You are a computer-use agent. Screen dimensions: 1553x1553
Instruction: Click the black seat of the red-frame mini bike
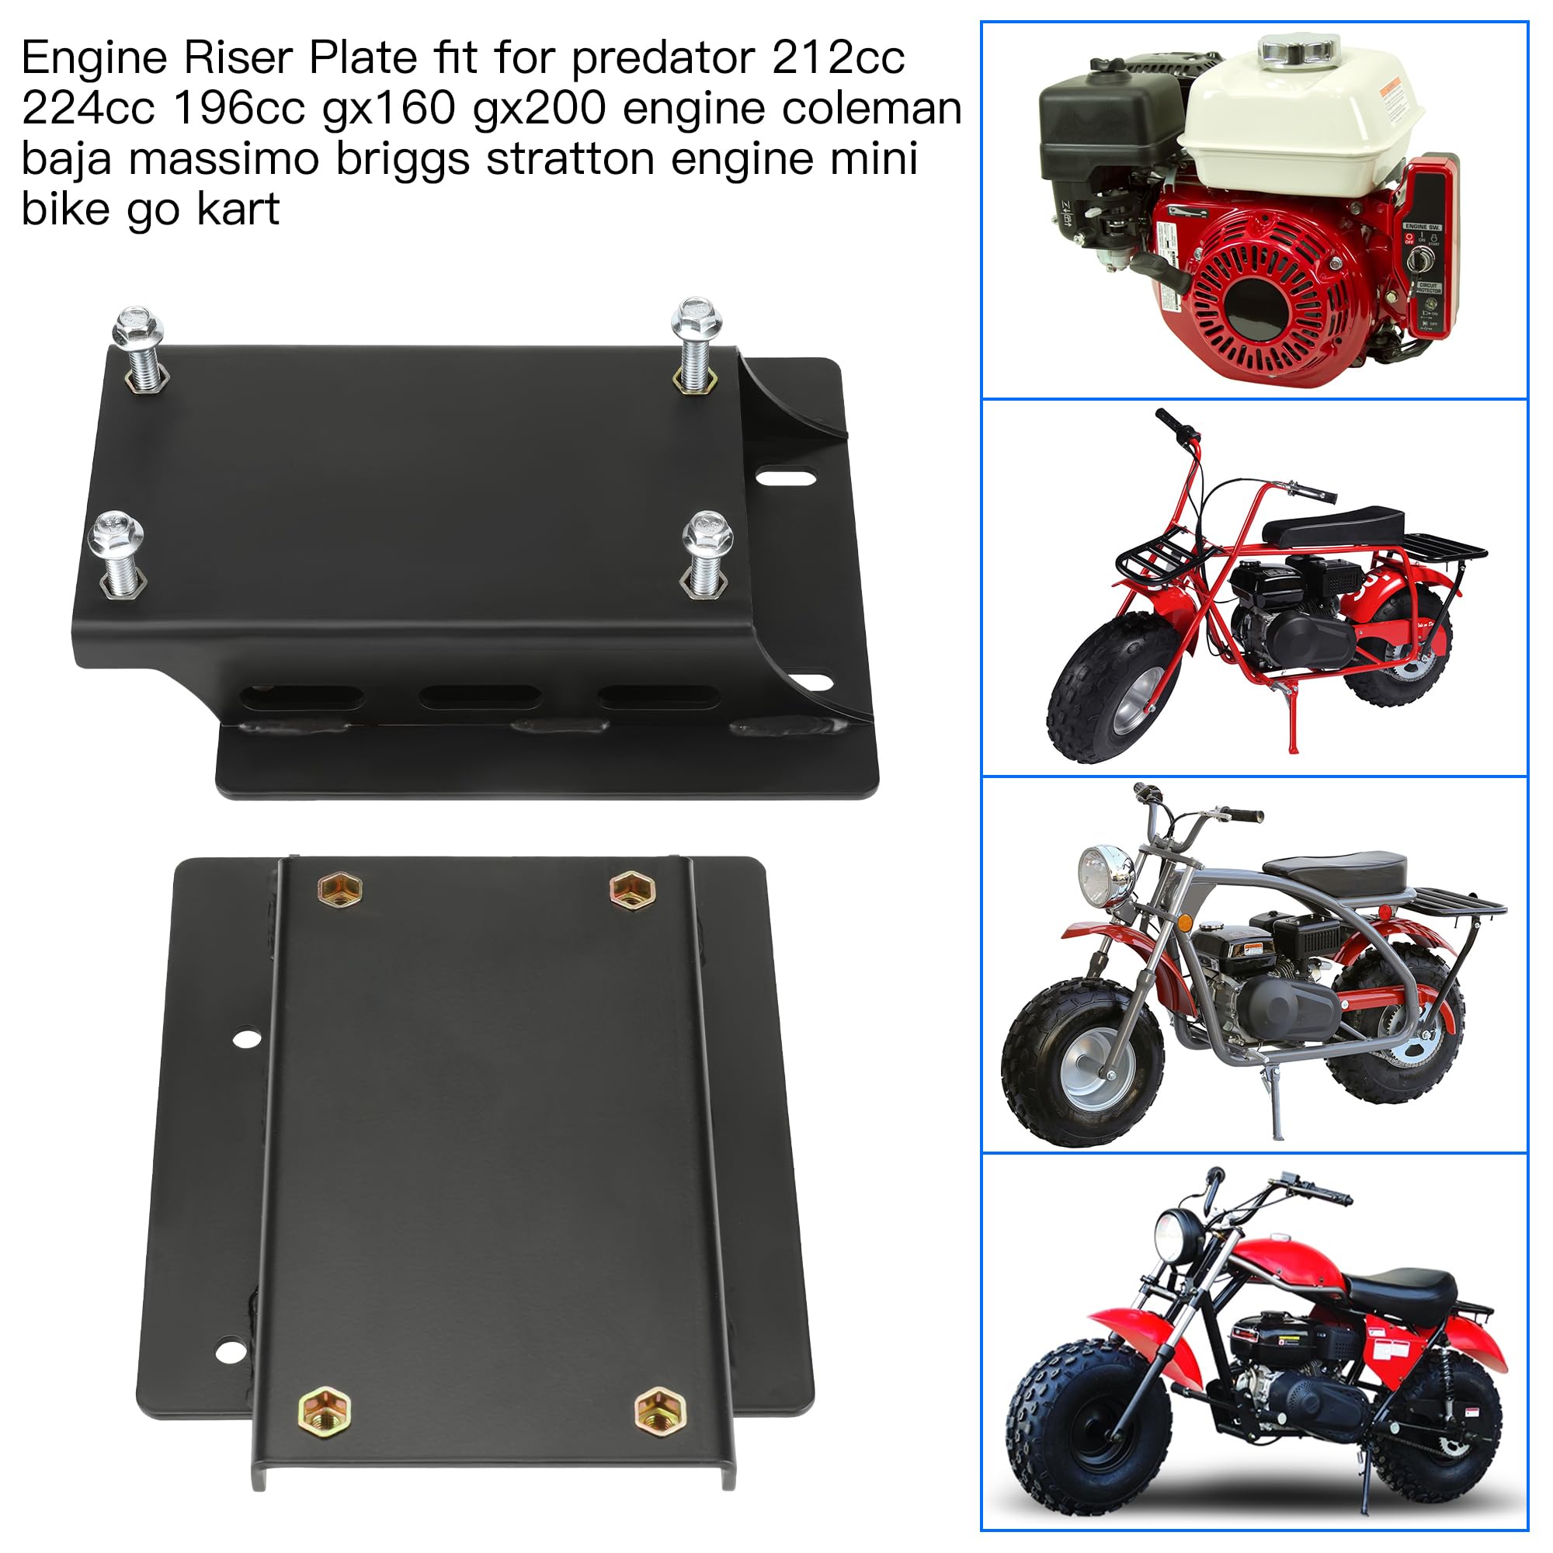[1334, 526]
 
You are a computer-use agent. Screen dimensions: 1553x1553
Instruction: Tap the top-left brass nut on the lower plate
[340, 890]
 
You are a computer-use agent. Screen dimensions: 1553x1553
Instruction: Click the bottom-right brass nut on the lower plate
[660, 1409]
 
